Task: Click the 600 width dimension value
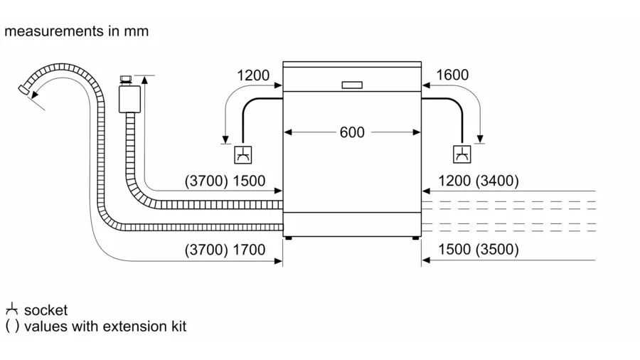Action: (352, 132)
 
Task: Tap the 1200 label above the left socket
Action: (253, 75)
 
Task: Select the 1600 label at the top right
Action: (452, 75)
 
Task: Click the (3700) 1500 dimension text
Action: (225, 181)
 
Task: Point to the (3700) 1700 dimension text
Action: (225, 250)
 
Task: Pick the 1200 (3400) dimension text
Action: (479, 181)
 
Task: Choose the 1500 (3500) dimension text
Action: (479, 250)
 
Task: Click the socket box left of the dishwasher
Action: (243, 154)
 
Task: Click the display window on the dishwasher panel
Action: (352, 85)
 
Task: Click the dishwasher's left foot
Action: (288, 239)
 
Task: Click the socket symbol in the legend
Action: (11, 310)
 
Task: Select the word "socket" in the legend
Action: (46, 310)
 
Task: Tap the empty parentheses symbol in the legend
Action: (12, 327)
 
